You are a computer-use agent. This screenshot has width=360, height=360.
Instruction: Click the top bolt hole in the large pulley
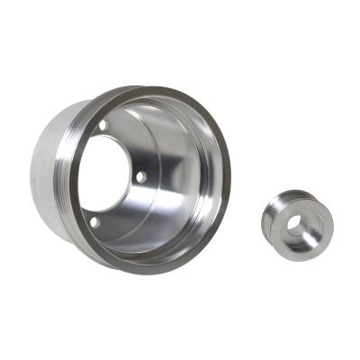[102, 126]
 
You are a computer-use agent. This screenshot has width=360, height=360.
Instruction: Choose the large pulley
[135, 180]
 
